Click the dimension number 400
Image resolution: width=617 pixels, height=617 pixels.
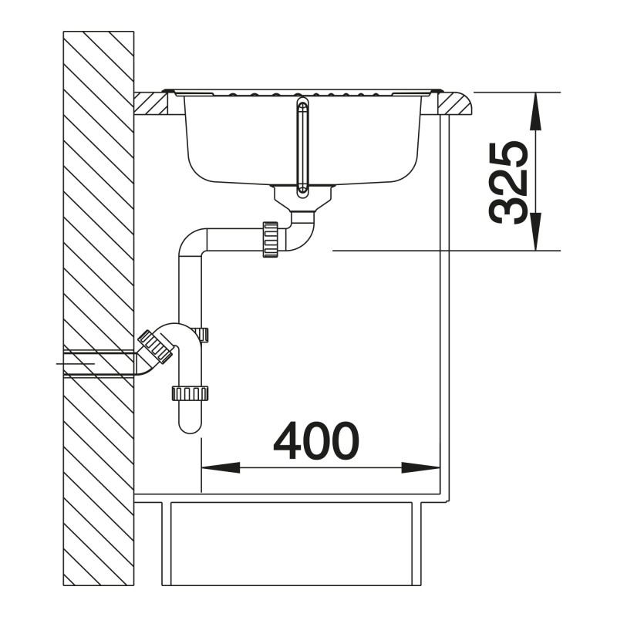click(316, 441)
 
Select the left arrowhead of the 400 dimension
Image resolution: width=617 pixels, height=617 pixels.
click(221, 468)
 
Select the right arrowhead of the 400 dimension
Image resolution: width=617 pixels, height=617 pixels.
click(420, 468)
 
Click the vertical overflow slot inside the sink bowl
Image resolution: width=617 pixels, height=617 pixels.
click(302, 147)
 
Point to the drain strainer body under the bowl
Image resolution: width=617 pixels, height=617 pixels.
click(303, 198)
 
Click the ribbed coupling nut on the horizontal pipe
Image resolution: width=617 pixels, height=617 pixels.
click(271, 239)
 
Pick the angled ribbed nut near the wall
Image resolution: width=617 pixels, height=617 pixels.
click(155, 346)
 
